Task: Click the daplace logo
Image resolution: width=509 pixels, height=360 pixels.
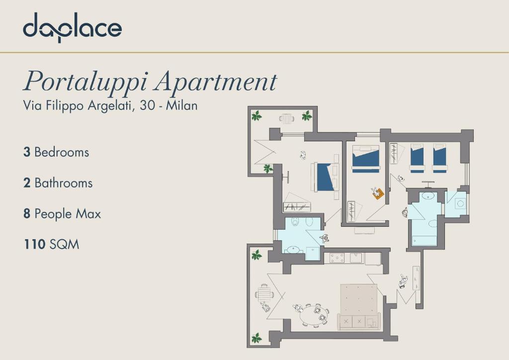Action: click(73, 27)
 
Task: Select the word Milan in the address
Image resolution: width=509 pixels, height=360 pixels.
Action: click(181, 105)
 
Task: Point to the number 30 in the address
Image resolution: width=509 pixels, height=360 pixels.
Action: click(147, 105)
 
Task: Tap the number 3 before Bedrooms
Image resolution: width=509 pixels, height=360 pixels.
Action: click(27, 152)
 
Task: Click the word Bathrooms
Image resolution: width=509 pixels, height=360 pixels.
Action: click(64, 183)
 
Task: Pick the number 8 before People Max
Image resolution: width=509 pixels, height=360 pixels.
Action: click(27, 214)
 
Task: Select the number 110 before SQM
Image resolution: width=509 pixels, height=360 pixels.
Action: click(34, 244)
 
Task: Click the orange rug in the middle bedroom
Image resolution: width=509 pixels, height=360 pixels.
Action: click(378, 193)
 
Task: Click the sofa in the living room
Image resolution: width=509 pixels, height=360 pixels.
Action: click(359, 321)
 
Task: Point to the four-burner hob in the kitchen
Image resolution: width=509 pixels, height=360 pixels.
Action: click(337, 258)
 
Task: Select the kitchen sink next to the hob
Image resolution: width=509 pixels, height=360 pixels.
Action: click(356, 258)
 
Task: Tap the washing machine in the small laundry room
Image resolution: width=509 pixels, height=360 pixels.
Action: click(460, 204)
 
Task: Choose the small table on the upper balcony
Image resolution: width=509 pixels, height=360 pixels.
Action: click(287, 118)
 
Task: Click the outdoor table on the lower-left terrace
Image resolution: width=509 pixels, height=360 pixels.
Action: click(264, 294)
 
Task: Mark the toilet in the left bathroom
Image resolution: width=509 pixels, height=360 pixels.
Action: click(295, 221)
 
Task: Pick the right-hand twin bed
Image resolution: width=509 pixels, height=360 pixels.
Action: click(440, 158)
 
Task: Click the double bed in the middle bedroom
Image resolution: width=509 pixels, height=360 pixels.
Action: click(366, 159)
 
